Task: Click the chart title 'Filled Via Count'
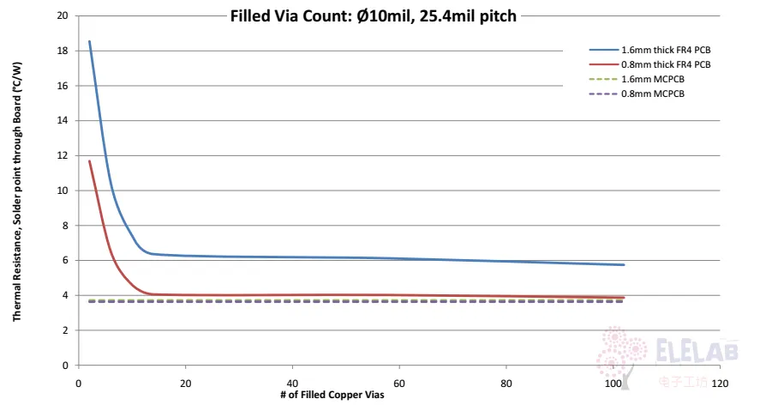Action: pyautogui.click(x=290, y=16)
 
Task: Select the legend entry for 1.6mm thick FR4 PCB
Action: pyautogui.click(x=649, y=50)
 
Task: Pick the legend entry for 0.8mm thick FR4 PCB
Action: pyautogui.click(x=649, y=64)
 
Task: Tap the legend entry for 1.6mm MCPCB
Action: pyautogui.click(x=637, y=79)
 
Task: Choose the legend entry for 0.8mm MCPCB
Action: pyautogui.click(x=637, y=94)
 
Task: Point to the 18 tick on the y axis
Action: pyautogui.click(x=63, y=51)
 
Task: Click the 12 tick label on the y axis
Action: pyautogui.click(x=63, y=155)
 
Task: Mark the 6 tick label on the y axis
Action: pyautogui.click(x=65, y=260)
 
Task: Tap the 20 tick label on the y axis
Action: pyautogui.click(x=63, y=15)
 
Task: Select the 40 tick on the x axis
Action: pyautogui.click(x=292, y=384)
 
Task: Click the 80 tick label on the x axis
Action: pyautogui.click(x=506, y=384)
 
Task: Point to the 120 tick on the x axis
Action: pyautogui.click(x=720, y=384)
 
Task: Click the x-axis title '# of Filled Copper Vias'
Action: pyautogui.click(x=332, y=395)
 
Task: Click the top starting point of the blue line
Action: pyautogui.click(x=89, y=41)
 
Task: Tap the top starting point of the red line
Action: pyautogui.click(x=89, y=160)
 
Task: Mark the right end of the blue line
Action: pyautogui.click(x=624, y=264)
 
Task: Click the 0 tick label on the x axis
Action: pyautogui.click(x=79, y=384)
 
